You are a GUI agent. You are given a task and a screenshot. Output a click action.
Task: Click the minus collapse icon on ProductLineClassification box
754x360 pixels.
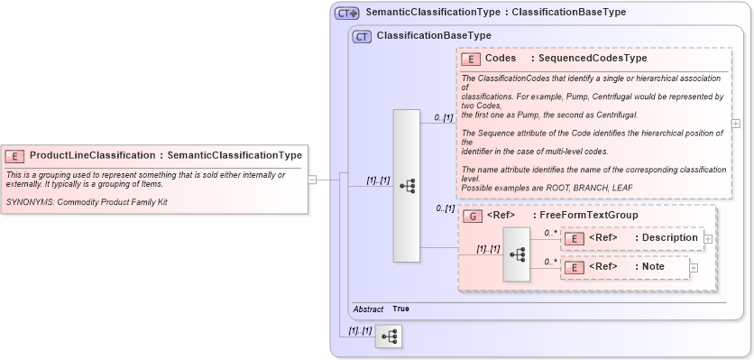[x=312, y=180]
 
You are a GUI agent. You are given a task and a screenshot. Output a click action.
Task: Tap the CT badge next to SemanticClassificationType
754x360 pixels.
[x=347, y=14]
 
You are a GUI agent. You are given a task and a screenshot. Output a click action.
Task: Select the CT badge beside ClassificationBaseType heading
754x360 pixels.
[x=362, y=36]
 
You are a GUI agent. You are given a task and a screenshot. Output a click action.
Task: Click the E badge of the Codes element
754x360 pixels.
[x=470, y=59]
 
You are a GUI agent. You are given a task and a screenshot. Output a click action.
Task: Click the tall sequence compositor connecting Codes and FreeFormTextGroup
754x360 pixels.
[x=407, y=186]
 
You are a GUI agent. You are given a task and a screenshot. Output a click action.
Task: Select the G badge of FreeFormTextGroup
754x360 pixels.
[x=470, y=216]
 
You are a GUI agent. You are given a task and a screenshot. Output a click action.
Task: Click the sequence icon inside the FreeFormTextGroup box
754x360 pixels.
[x=517, y=254]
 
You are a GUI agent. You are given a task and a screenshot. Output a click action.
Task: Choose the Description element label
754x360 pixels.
[x=667, y=238]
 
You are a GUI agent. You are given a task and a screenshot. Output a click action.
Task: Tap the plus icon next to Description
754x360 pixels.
[x=708, y=239]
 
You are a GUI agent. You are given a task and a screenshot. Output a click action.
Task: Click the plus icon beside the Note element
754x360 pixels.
[x=694, y=267]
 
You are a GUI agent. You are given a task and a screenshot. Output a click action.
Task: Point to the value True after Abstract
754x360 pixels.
[x=400, y=309]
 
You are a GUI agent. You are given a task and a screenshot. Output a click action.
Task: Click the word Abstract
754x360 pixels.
[x=367, y=309]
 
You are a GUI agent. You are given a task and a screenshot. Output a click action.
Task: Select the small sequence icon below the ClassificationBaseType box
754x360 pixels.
[x=389, y=337]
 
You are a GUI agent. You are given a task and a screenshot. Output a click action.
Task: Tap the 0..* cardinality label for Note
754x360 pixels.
[x=549, y=262]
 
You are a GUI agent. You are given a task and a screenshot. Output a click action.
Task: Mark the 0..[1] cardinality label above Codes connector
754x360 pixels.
[x=444, y=117]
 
